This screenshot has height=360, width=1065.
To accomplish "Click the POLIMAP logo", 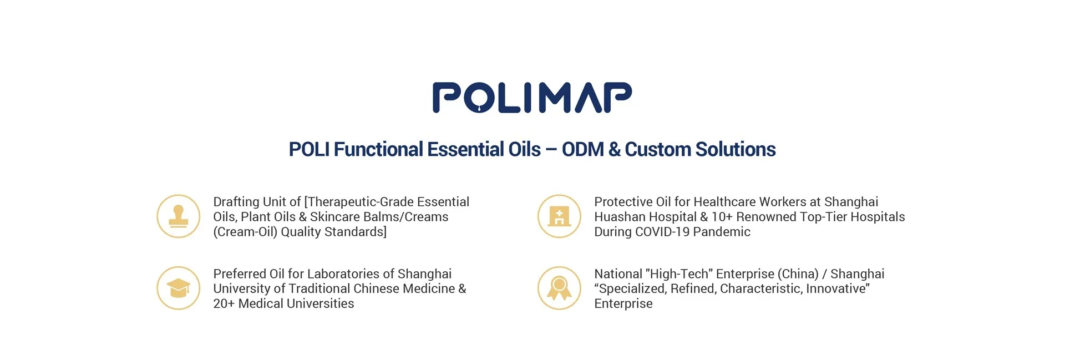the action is (x=532, y=98).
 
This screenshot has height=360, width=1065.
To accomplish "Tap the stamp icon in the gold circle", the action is (x=178, y=216).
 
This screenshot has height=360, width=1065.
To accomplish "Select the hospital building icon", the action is (x=559, y=216).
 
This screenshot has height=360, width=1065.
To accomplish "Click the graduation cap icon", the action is (x=178, y=288).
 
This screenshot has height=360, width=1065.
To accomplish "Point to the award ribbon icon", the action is (x=559, y=288).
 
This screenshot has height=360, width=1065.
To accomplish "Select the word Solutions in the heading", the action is (x=735, y=149).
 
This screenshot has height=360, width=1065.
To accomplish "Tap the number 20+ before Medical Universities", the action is (x=224, y=303).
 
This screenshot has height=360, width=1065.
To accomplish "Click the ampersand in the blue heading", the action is (x=614, y=149).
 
